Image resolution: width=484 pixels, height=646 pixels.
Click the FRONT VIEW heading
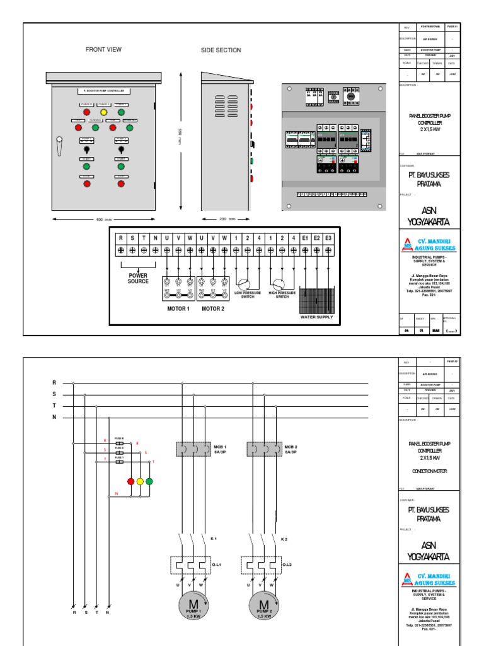click(104, 49)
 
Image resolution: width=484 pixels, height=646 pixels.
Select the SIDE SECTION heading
click(221, 50)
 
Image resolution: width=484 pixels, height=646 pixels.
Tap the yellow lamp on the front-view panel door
click(105, 112)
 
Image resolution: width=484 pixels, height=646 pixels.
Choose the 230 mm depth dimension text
click(227, 220)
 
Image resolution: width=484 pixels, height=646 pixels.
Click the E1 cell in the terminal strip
click(305, 238)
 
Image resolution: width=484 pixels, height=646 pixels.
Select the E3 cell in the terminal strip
click(328, 238)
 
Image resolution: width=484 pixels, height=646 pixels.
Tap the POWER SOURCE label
click(138, 278)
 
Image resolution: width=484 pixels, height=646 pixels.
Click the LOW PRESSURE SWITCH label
click(247, 295)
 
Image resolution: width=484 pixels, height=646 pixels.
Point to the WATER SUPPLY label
click(316, 317)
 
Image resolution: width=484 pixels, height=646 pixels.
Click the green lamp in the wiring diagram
click(149, 481)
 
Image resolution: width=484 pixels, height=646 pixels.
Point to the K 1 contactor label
click(214, 539)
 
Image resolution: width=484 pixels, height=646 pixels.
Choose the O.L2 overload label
click(287, 565)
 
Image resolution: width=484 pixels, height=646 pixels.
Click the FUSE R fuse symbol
click(119, 444)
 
